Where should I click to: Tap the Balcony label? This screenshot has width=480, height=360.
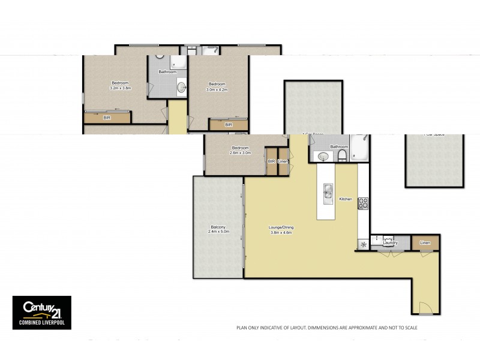(218, 227)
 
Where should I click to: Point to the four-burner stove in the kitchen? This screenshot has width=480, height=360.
(363, 203)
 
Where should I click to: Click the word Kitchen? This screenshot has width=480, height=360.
(346, 199)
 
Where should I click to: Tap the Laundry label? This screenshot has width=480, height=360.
(391, 243)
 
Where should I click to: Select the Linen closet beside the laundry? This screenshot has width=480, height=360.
(425, 242)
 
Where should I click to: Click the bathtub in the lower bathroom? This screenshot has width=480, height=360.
(361, 149)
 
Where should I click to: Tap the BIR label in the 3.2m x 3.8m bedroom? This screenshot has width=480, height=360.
(107, 118)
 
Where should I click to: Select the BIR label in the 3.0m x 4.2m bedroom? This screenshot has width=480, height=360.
(228, 125)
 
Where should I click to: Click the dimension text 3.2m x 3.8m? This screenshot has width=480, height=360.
(120, 88)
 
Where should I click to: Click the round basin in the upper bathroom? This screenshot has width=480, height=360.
(181, 88)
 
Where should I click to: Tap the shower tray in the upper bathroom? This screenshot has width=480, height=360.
(178, 62)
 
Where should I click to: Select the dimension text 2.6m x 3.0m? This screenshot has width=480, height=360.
(240, 153)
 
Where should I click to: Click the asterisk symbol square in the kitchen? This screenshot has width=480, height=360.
(362, 244)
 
